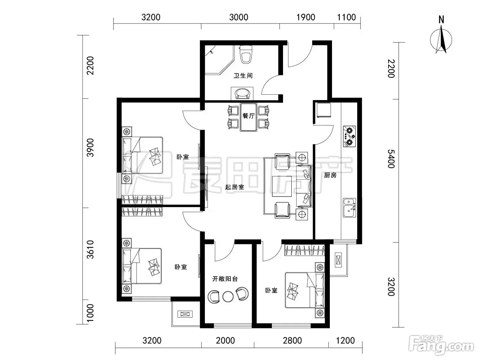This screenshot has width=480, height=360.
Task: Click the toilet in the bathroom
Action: [246, 54]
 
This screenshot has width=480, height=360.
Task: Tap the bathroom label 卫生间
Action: [243, 76]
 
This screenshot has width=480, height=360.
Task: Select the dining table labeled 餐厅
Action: [248, 117]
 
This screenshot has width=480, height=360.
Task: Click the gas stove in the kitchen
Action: [349, 136]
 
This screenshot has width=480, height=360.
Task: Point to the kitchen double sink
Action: [349, 208]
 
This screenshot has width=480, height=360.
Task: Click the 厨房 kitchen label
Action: [330, 175]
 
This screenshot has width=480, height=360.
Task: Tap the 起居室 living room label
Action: [235, 187]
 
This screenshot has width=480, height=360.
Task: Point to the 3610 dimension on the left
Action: [90, 249]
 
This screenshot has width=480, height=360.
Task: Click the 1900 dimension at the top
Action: [305, 17]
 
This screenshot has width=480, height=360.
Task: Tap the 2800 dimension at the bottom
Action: [292, 341]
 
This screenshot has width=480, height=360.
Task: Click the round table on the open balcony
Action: [228, 296]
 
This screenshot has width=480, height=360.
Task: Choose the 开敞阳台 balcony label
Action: [225, 279]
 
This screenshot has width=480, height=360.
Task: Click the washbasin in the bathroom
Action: [242, 94]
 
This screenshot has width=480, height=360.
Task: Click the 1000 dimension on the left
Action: [90, 313]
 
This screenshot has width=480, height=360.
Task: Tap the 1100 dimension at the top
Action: [346, 17]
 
